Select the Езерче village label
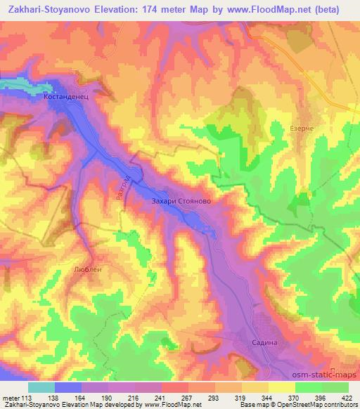[301, 129]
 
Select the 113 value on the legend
[27, 398]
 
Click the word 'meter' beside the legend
[10, 398]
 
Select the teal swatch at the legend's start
[41, 387]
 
